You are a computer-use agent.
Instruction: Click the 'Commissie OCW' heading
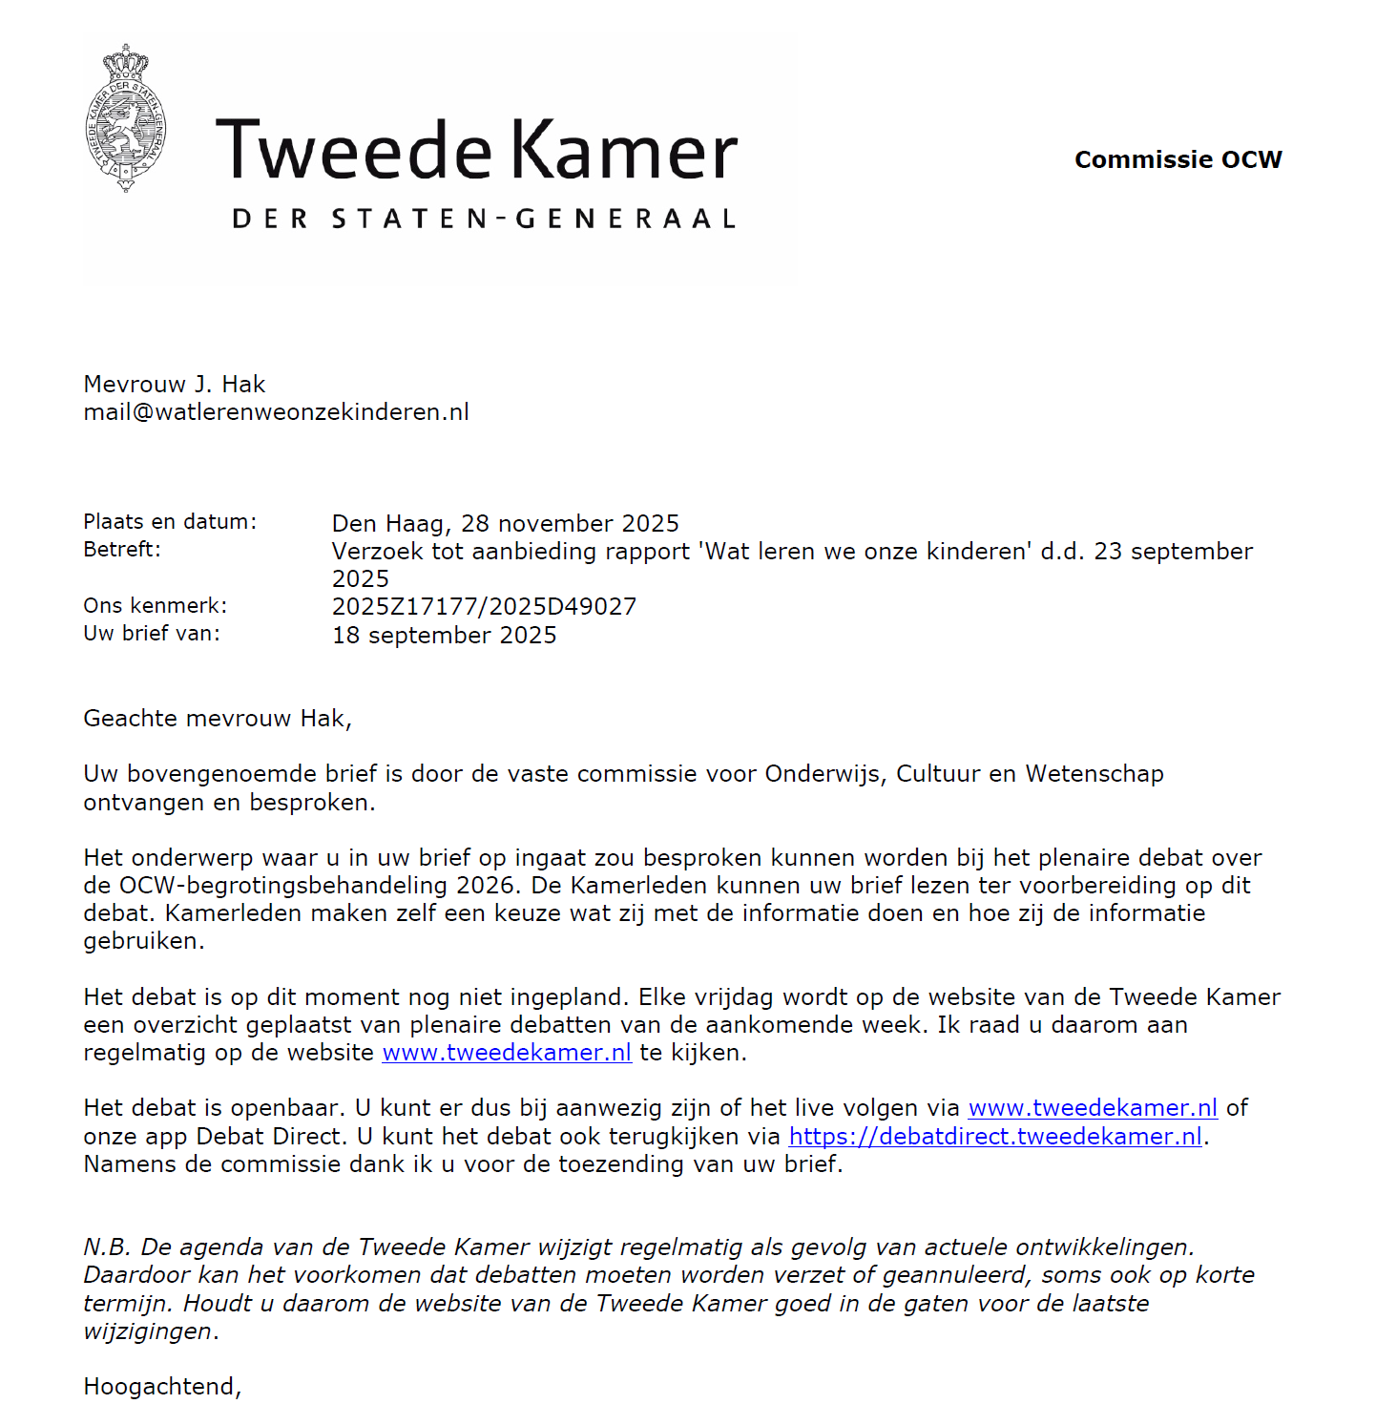(x=1178, y=159)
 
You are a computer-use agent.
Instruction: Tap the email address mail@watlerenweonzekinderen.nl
(x=276, y=412)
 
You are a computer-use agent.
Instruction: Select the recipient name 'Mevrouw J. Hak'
(x=174, y=385)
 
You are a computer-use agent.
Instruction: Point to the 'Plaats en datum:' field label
(x=170, y=522)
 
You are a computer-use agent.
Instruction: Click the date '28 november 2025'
(x=570, y=524)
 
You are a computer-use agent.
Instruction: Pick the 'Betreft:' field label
(x=122, y=550)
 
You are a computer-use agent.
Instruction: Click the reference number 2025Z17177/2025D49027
(x=484, y=607)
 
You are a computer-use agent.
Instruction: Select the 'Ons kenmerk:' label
(x=156, y=606)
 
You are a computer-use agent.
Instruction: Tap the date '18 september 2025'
(x=444, y=636)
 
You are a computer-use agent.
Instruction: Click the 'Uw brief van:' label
(x=152, y=634)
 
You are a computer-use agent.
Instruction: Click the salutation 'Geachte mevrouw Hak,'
(x=218, y=719)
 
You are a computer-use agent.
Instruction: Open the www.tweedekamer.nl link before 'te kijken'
(x=507, y=1053)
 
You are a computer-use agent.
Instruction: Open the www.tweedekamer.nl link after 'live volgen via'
(x=1093, y=1108)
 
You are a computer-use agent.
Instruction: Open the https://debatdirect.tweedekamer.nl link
(x=995, y=1137)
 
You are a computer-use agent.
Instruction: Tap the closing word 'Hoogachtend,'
(x=162, y=1387)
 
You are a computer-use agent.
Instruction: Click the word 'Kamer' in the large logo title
(x=623, y=151)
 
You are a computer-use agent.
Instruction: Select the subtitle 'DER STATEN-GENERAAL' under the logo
(x=484, y=220)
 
